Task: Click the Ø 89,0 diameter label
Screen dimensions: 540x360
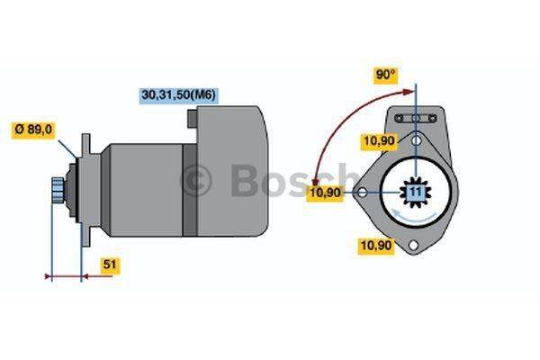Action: tap(33, 130)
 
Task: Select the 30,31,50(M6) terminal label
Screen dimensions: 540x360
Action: tap(179, 94)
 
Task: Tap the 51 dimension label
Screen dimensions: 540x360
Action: tap(110, 265)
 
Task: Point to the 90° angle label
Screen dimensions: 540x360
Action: tap(386, 75)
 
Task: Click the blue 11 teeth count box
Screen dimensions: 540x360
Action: tap(415, 193)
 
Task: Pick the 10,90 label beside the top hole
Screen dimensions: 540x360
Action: tap(379, 140)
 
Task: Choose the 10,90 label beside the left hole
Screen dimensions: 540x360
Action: tap(325, 193)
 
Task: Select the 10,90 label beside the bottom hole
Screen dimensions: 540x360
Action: tap(375, 246)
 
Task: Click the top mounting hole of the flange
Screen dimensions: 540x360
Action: tap(417, 140)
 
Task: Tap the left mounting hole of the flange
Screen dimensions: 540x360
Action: tap(363, 193)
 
